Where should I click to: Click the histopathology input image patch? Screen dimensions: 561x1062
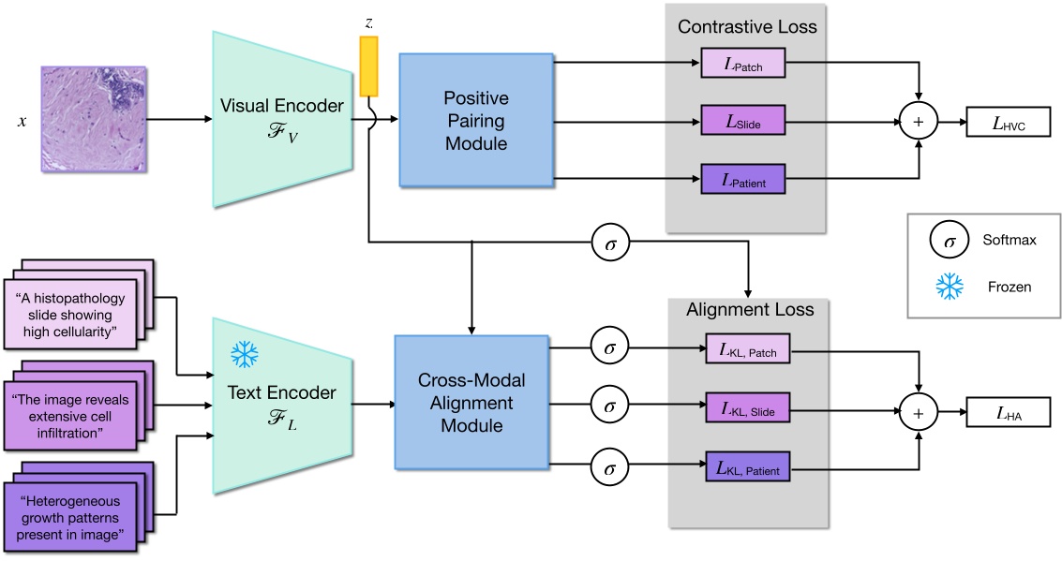pos(94,119)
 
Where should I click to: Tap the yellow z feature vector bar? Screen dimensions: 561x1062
pos(368,66)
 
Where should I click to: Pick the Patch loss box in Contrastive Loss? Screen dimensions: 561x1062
pos(742,66)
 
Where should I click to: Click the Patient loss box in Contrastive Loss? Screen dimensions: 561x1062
pos(742,178)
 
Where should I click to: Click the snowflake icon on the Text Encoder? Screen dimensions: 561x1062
pos(246,354)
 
